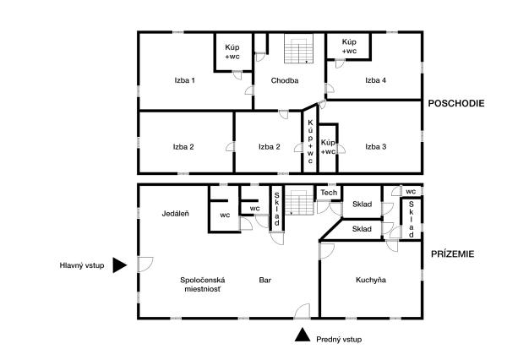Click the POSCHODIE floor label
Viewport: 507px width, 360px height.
pyautogui.click(x=456, y=103)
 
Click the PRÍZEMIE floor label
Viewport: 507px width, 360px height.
pyautogui.click(x=453, y=254)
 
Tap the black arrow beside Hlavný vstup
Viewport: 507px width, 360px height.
pyautogui.click(x=120, y=265)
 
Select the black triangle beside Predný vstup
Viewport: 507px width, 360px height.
pyautogui.click(x=303, y=335)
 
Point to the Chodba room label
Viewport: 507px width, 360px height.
pyautogui.click(x=285, y=80)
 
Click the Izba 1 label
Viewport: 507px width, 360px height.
pyautogui.click(x=184, y=80)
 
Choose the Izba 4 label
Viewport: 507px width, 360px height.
pyautogui.click(x=375, y=80)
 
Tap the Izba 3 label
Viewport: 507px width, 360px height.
pyautogui.click(x=376, y=147)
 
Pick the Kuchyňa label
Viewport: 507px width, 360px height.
pyautogui.click(x=371, y=280)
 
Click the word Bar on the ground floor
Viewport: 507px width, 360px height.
pyautogui.click(x=265, y=280)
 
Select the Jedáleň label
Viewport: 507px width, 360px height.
pyautogui.click(x=175, y=214)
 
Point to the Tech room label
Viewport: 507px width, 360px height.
pyautogui.click(x=329, y=193)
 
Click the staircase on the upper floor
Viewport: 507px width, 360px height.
pyautogui.click(x=299, y=48)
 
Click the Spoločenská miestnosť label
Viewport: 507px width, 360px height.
pyautogui.click(x=203, y=284)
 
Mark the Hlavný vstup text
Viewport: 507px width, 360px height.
pyautogui.click(x=82, y=265)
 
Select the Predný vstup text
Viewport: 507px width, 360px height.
pyautogui.click(x=339, y=340)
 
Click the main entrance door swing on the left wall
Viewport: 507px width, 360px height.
pyautogui.click(x=146, y=265)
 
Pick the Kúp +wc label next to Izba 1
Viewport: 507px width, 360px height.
pyautogui.click(x=232, y=52)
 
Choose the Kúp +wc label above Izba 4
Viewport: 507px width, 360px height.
pyautogui.click(x=349, y=46)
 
